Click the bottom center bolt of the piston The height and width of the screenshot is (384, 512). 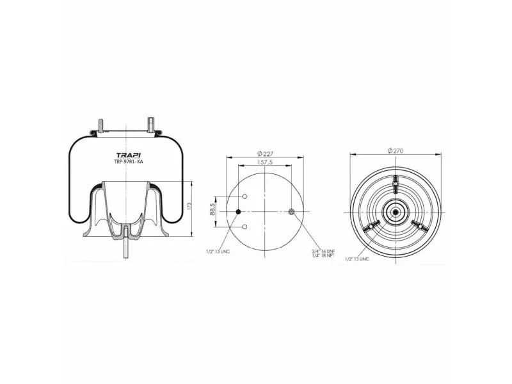(127, 246)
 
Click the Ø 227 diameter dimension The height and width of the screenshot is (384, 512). (265, 153)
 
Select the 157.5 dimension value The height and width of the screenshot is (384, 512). (265, 162)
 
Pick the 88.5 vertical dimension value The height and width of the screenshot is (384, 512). (212, 211)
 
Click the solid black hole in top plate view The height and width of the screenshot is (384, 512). (239, 212)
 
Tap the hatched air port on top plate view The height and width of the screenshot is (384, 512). (292, 212)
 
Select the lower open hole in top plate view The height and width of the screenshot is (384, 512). (244, 226)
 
